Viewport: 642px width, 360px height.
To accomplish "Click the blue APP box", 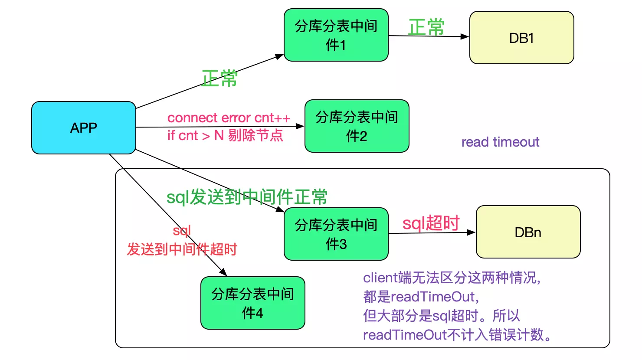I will click(84, 128).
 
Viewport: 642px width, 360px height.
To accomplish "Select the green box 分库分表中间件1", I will click(336, 35).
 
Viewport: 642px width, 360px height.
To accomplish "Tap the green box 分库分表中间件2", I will click(357, 126).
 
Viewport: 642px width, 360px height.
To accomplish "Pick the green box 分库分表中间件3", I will click(336, 234).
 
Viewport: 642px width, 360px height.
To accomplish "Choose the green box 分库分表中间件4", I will click(252, 303).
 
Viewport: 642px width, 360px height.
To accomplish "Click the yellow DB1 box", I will click(521, 38).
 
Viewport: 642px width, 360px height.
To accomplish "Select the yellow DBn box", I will click(528, 232).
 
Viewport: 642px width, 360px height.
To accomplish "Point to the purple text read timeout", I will click(500, 142).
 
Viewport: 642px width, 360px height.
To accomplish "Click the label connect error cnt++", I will click(229, 118).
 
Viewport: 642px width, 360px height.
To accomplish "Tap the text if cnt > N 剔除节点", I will click(225, 136).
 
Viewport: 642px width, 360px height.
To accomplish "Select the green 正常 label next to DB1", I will click(426, 27).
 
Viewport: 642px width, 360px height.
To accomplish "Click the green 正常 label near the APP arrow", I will click(219, 79).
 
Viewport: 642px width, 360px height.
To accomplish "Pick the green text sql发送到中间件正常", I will click(247, 197).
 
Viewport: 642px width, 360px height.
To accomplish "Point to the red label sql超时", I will click(431, 223).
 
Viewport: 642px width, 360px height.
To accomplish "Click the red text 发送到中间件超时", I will click(182, 249).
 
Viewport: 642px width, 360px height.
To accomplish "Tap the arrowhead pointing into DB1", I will click(465, 37).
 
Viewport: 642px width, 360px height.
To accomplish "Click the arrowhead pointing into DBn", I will click(472, 232).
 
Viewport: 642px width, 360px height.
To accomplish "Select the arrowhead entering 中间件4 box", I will click(223, 272).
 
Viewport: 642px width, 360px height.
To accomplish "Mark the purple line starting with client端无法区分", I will click(452, 278).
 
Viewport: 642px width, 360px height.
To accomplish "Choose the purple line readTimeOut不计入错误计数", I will click(457, 335).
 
